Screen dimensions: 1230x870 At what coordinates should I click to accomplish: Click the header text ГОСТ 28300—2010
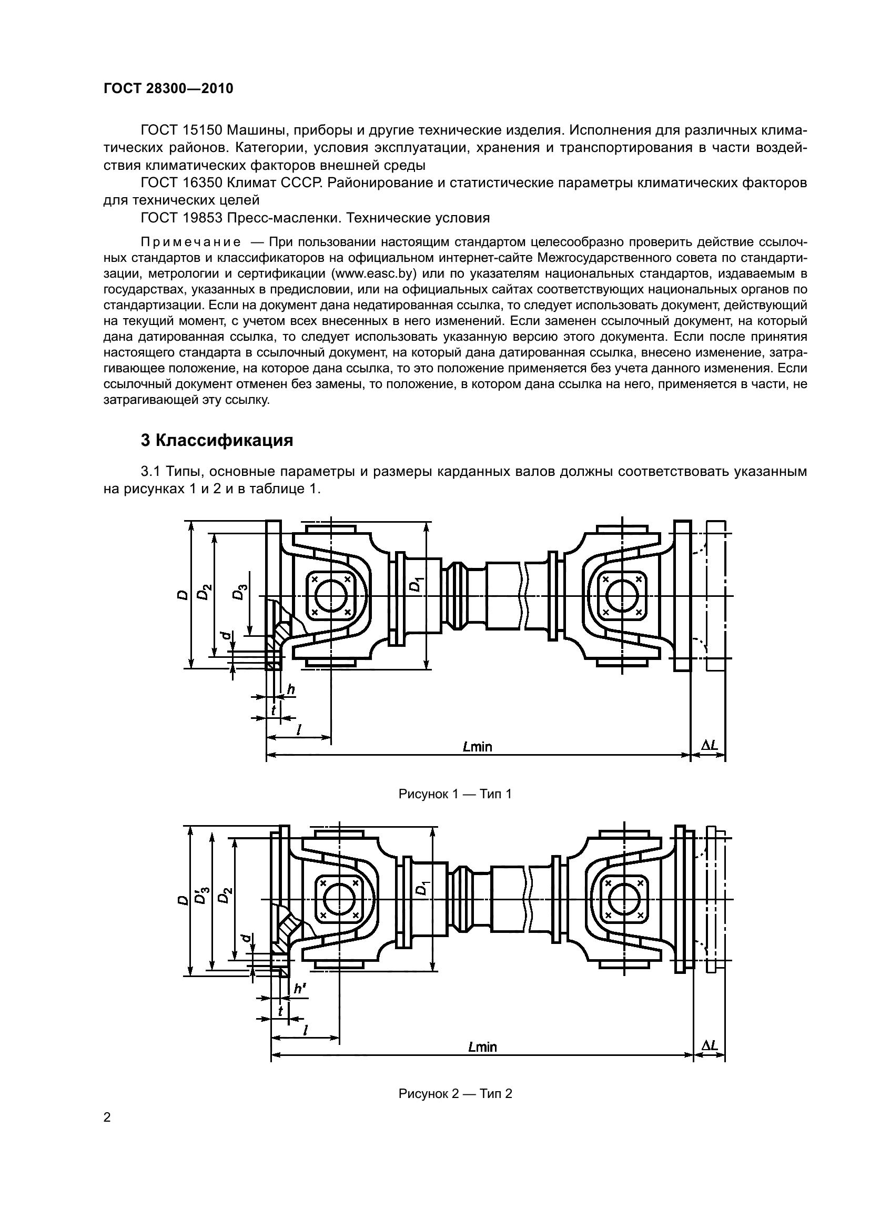click(x=168, y=89)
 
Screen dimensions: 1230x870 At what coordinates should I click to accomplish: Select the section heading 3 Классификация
click(x=217, y=440)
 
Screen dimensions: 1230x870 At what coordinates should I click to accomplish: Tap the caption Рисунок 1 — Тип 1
click(x=455, y=794)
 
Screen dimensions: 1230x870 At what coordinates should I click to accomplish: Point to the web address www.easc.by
click(x=375, y=274)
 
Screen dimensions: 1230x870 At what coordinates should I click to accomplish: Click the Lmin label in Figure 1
click(x=477, y=746)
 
